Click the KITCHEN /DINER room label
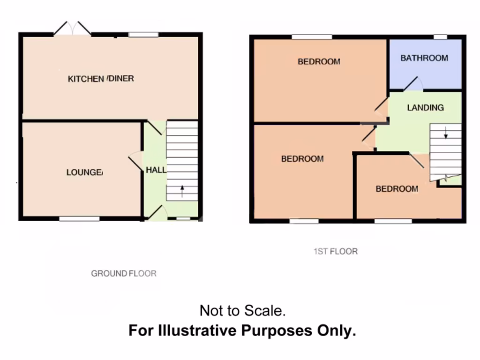coord(101,78)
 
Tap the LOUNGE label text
coord(84,172)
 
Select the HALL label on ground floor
coord(156,170)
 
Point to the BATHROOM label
coord(424,58)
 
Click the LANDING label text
coord(425,107)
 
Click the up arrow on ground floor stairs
coord(182,190)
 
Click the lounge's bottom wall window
coord(79,218)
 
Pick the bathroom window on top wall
coord(440,37)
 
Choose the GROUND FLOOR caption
coord(124,273)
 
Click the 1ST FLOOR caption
coord(335,251)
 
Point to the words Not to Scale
coord(242,310)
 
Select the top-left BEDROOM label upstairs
coord(319,61)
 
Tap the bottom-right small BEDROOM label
coord(397,188)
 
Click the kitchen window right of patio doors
coord(143,34)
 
